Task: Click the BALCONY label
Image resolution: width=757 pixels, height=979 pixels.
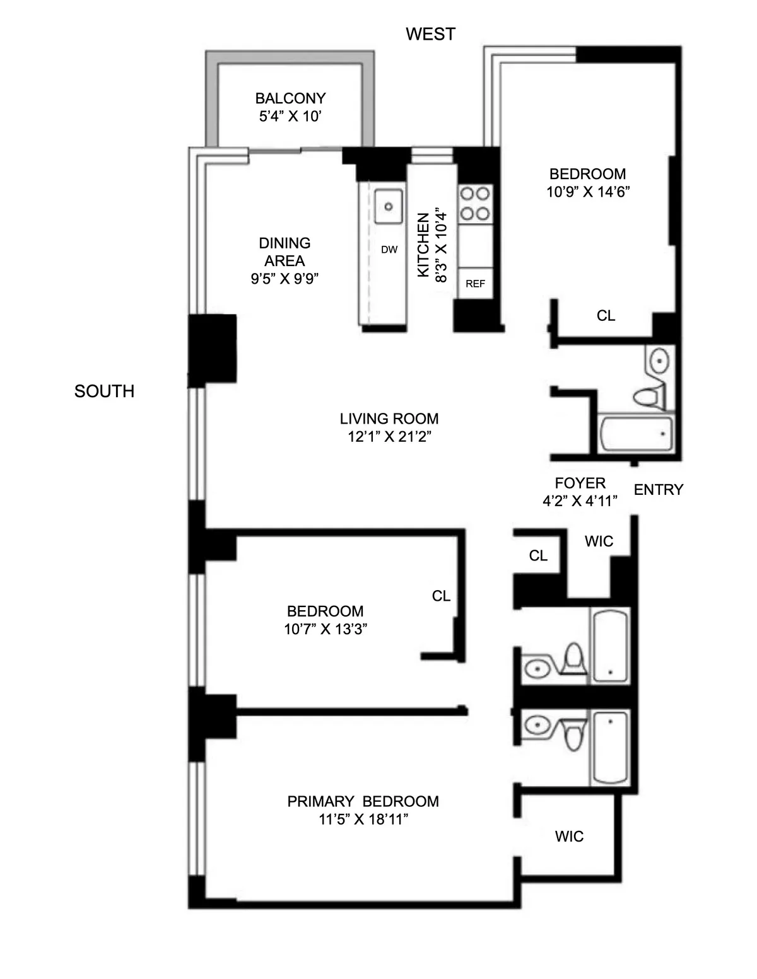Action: (x=290, y=98)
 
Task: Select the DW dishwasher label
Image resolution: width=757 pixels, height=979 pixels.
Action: (x=389, y=250)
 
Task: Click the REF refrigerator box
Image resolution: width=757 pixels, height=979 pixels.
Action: (x=475, y=284)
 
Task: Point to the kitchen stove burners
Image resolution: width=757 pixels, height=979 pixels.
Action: (x=475, y=203)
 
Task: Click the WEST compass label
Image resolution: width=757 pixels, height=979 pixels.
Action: (x=430, y=34)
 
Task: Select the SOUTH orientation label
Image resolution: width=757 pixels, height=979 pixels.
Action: (x=104, y=391)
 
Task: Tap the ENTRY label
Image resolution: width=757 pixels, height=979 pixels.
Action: (x=658, y=490)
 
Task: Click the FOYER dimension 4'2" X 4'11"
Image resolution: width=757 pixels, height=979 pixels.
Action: (x=580, y=501)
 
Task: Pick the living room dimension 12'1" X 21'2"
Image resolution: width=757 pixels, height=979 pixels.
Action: (x=389, y=437)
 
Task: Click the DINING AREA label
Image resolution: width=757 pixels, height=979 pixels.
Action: (x=285, y=252)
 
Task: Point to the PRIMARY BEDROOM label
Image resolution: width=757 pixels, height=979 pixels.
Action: (x=363, y=801)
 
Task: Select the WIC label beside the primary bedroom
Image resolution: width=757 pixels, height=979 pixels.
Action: (x=569, y=837)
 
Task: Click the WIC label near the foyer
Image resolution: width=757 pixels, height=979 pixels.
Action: (x=599, y=542)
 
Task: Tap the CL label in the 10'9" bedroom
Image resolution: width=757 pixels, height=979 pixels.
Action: (x=606, y=316)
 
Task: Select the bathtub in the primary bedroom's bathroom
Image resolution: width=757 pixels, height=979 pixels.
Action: (x=609, y=748)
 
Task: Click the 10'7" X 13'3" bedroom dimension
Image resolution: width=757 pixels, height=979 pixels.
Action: (x=325, y=629)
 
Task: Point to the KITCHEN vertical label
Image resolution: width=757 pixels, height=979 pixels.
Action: (x=423, y=245)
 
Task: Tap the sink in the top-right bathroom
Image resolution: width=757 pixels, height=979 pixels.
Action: (x=659, y=361)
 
